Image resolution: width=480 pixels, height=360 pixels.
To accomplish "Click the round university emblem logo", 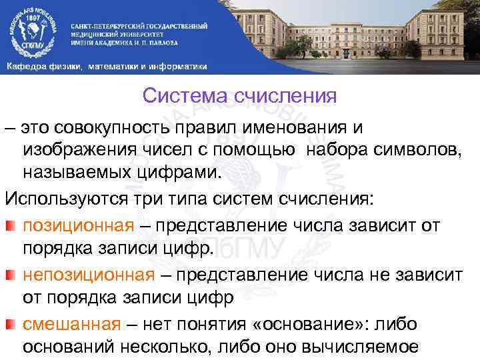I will point(33,29).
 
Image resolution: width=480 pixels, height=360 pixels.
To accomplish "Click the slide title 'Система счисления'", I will point(240,97).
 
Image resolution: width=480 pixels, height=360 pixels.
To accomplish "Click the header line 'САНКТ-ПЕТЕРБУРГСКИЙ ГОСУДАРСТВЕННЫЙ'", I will point(139,26).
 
